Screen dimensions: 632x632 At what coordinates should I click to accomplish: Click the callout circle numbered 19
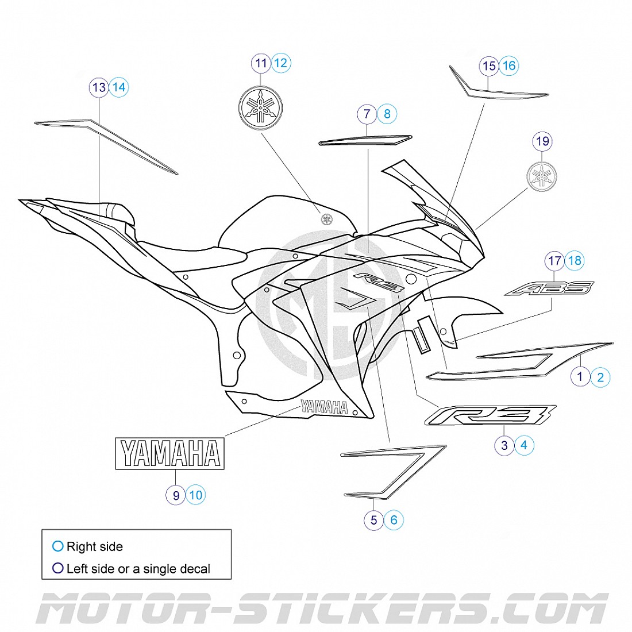tap(542, 141)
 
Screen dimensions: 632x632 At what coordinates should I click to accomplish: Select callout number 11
tap(261, 63)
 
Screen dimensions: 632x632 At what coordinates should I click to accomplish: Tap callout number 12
tap(281, 63)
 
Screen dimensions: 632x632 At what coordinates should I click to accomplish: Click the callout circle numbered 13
tap(99, 87)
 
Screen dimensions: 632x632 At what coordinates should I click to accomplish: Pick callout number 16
tap(509, 65)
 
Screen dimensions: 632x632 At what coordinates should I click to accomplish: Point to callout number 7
tap(367, 114)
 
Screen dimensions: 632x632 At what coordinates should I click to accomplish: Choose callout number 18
tap(575, 261)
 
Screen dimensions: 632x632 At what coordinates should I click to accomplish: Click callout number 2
tap(600, 377)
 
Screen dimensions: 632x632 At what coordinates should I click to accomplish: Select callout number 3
tap(504, 445)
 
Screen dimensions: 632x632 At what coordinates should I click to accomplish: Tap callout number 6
tap(394, 520)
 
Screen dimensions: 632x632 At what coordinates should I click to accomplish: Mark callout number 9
tap(176, 495)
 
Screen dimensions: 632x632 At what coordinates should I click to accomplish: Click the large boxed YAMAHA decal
tap(170, 454)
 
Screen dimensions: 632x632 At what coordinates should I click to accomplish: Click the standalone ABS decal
tap(549, 288)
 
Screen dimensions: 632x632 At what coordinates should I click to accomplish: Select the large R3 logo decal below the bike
tap(490, 415)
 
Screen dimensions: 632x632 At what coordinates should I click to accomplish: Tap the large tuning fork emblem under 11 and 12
tap(261, 107)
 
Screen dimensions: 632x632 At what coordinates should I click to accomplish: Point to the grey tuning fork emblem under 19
tap(542, 176)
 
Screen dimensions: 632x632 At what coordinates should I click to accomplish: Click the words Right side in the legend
tap(94, 546)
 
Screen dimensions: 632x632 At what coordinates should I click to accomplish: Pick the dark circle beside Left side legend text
tap(57, 568)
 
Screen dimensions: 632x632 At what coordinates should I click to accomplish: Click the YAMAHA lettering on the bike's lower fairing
tap(324, 407)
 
